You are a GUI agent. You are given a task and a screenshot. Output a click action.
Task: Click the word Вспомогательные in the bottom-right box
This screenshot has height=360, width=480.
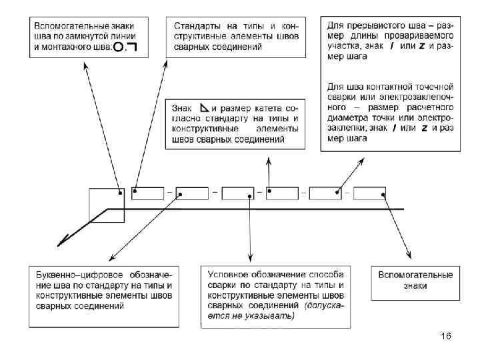tap(415, 274)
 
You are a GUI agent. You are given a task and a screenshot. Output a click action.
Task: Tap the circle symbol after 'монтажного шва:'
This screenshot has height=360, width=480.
tap(118, 47)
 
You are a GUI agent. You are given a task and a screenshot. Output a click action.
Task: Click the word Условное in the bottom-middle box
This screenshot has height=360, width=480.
tap(228, 274)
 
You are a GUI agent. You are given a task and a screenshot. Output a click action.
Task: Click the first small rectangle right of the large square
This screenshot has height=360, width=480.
tap(148, 193)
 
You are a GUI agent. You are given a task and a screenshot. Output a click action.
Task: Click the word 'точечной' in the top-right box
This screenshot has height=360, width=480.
tap(434, 87)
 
